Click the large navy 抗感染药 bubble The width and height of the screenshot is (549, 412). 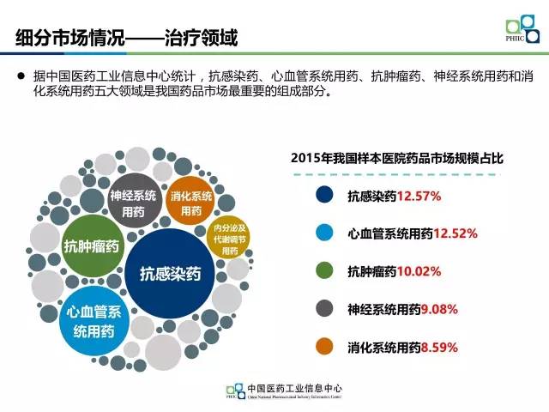click(170, 274)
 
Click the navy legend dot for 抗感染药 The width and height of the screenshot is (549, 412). click(324, 196)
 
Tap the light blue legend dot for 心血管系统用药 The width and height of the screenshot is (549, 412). click(324, 233)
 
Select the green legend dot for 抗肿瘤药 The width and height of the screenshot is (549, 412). click(324, 271)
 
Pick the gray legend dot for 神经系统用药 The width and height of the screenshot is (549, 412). click(324, 309)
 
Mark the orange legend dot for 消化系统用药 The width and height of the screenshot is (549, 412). click(324, 347)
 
